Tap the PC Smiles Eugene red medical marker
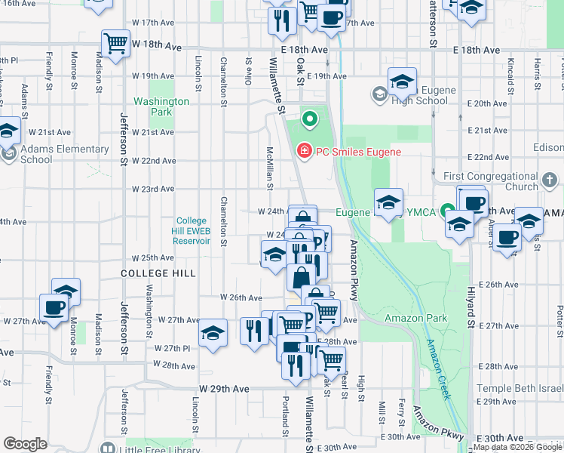click(x=305, y=152)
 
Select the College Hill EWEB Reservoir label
click(x=192, y=230)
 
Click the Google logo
click(x=26, y=444)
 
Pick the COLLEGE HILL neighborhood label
click(x=159, y=273)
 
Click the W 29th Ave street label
click(x=224, y=388)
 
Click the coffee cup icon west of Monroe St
click(x=54, y=307)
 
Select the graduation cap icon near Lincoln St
click(x=214, y=332)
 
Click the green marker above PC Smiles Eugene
click(x=308, y=119)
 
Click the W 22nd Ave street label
click(x=154, y=161)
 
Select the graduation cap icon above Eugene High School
click(x=403, y=80)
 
